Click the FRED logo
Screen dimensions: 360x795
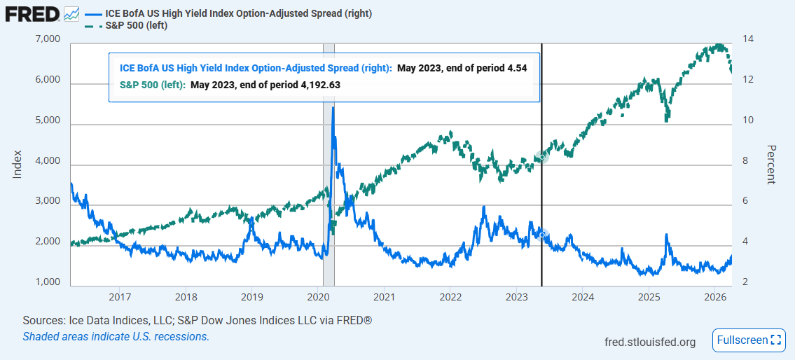(x=32, y=13)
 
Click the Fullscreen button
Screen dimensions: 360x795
(x=748, y=340)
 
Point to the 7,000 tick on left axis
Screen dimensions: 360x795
(x=47, y=39)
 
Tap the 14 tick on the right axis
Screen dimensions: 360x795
(x=748, y=39)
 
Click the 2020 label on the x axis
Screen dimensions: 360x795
(x=318, y=296)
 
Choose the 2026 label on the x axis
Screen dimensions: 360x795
(x=714, y=296)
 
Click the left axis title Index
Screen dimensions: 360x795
(x=18, y=163)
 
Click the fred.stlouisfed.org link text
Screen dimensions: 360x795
(x=650, y=342)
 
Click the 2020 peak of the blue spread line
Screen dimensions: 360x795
(x=333, y=108)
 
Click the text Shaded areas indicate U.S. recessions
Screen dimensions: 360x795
(x=116, y=336)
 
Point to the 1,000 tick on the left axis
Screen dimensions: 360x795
(x=47, y=282)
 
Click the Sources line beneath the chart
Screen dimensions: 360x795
(x=197, y=320)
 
